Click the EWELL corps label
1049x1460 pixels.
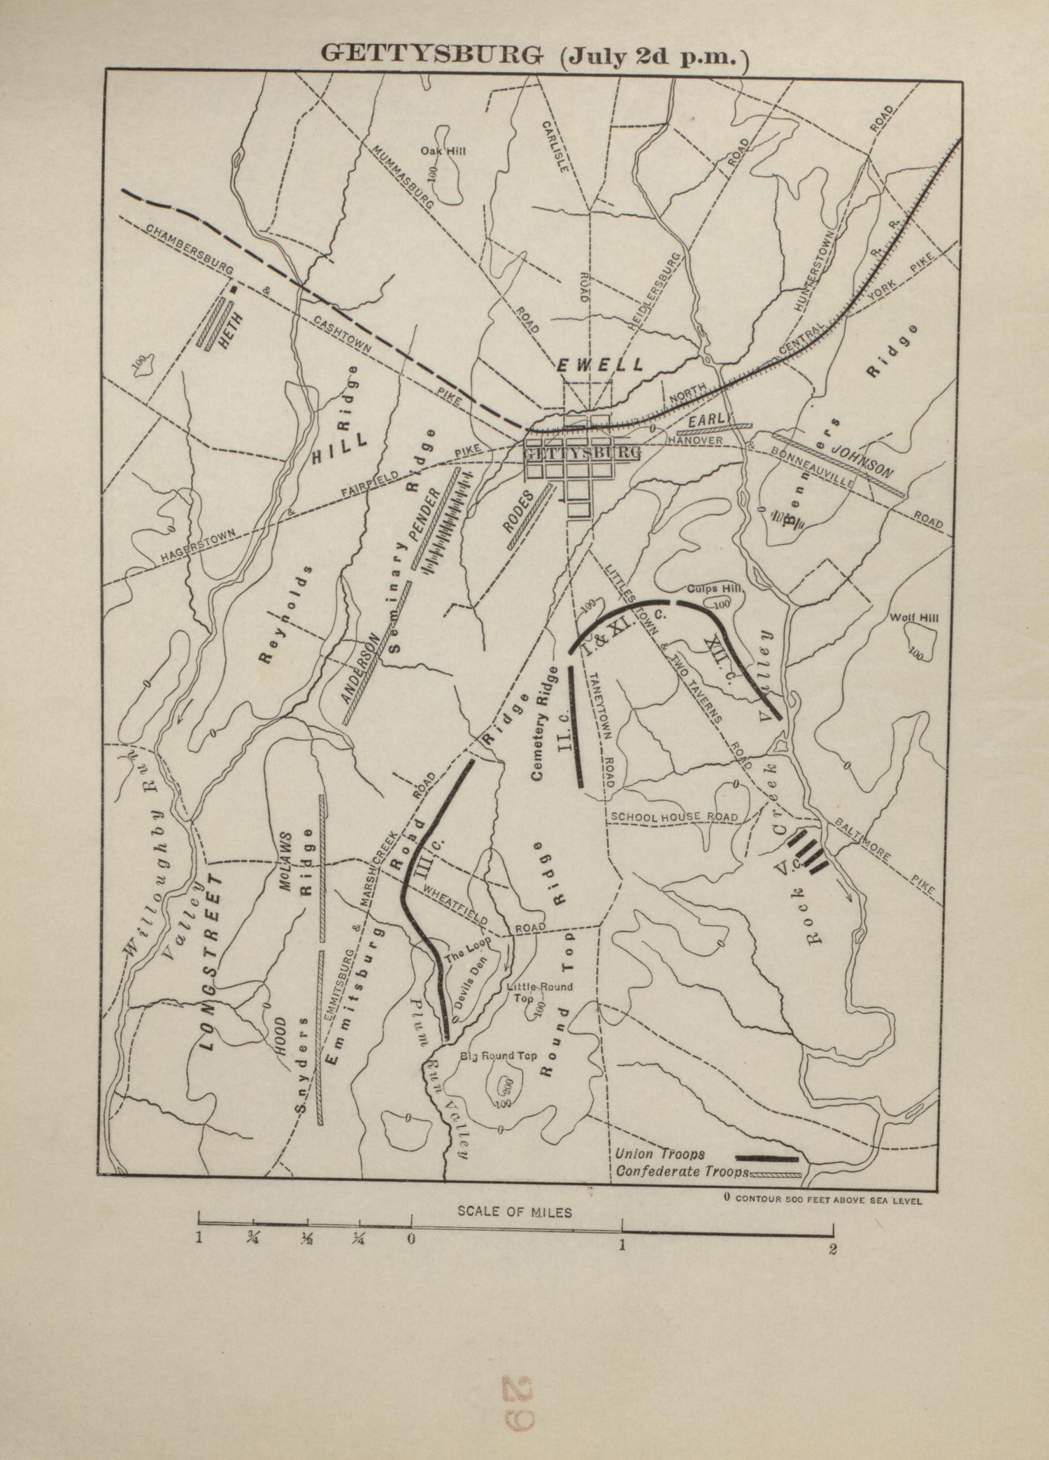599,365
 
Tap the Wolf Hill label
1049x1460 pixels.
914,617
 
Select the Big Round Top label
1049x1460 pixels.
498,1056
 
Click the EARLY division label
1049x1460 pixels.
708,420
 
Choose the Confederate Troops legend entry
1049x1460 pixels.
683,1171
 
